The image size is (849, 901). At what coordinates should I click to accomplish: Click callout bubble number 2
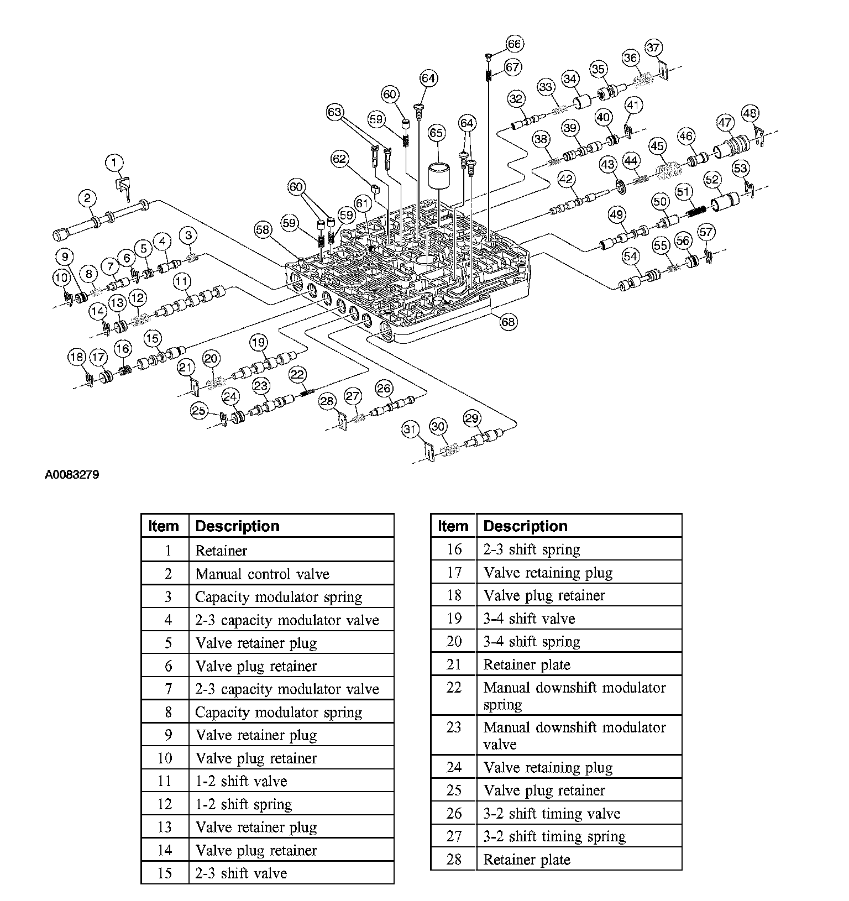[x=87, y=197]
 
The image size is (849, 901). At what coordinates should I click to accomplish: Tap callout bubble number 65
[x=436, y=133]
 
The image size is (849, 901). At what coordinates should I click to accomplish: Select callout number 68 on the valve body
[x=509, y=322]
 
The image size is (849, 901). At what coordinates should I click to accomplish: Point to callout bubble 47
[x=725, y=123]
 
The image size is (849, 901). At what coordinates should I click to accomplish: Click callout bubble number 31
[x=410, y=429]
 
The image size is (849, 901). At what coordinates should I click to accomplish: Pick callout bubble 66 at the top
[x=514, y=44]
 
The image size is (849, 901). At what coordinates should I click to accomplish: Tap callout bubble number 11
[x=181, y=281]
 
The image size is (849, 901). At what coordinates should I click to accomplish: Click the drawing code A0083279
[x=72, y=475]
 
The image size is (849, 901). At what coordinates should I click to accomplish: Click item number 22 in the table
[x=453, y=688]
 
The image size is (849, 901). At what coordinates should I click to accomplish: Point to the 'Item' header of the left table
[x=164, y=526]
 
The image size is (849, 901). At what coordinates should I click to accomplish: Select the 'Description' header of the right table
[x=525, y=526]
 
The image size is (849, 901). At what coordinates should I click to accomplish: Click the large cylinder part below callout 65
[x=441, y=175]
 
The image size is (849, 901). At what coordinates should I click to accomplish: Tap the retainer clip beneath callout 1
[x=124, y=186]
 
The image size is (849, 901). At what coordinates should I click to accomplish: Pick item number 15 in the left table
[x=165, y=873]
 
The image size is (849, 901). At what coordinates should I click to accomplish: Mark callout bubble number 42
[x=566, y=179]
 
